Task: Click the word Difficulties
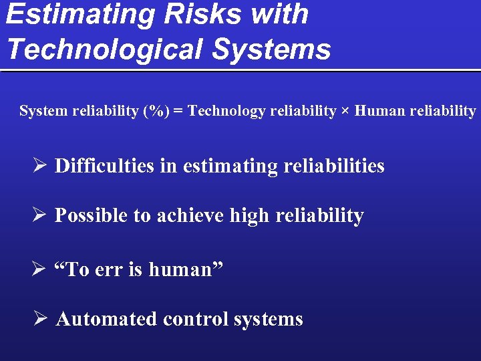coord(104,166)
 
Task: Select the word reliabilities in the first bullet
coord(334,166)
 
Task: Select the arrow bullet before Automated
coord(40,319)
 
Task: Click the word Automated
coord(107,319)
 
